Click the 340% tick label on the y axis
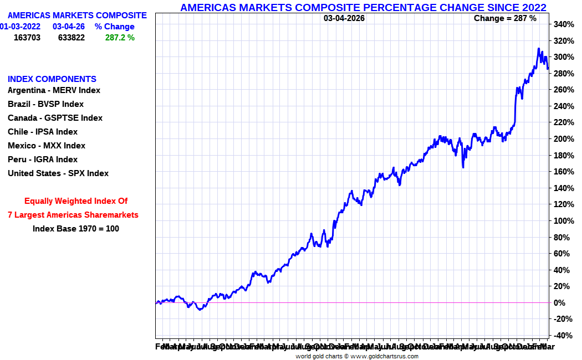[x=563, y=24]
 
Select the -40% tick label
[x=563, y=336]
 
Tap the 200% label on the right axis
[x=563, y=139]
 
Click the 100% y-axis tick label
[x=563, y=221]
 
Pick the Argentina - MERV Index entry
[x=54, y=90]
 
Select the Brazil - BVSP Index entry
[x=45, y=104]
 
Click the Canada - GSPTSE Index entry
[x=55, y=118]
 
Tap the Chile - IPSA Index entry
[x=43, y=132]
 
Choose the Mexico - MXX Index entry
[x=47, y=146]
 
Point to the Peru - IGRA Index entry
[x=43, y=160]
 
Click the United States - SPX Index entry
[x=58, y=173]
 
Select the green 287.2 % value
[x=120, y=38]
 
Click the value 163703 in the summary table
[x=27, y=38]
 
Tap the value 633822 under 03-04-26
[x=72, y=38]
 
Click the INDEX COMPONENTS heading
[x=52, y=79]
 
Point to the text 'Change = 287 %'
[x=505, y=18]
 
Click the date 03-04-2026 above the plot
[x=344, y=18]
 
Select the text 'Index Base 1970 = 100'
[x=76, y=228]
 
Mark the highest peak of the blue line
[x=538, y=49]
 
